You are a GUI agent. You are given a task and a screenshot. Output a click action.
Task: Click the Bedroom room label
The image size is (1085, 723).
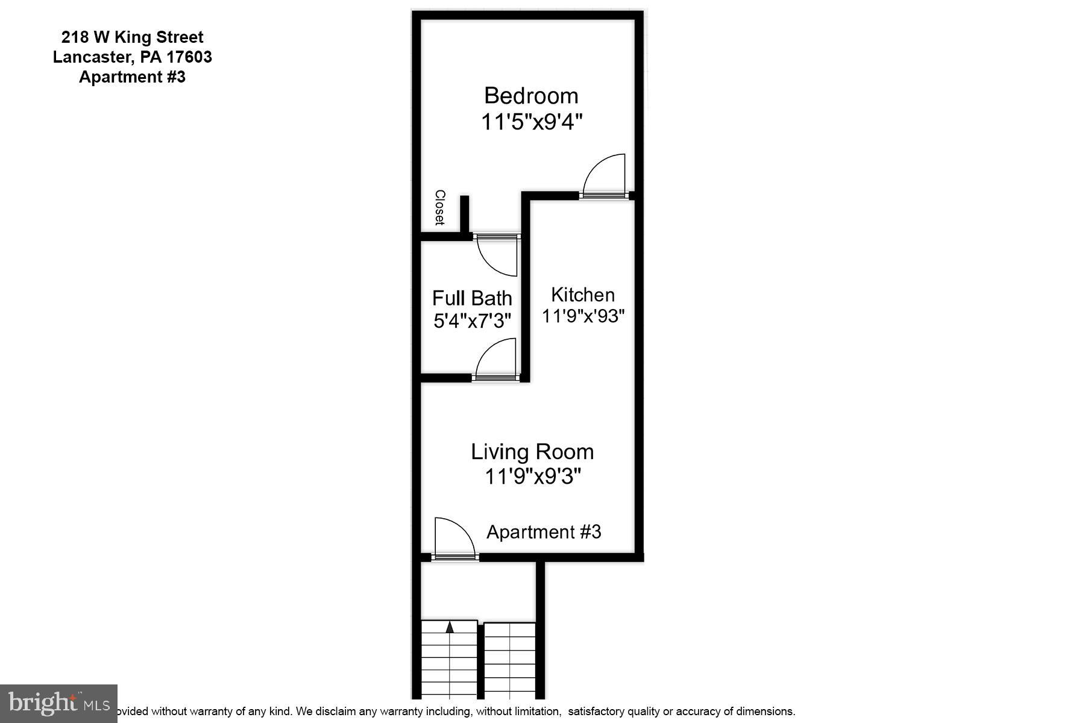pyautogui.click(x=531, y=96)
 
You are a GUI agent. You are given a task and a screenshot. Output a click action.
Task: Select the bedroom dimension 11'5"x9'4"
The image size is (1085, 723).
pyautogui.click(x=531, y=122)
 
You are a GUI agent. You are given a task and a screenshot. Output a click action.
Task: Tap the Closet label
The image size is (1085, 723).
pyautogui.click(x=440, y=208)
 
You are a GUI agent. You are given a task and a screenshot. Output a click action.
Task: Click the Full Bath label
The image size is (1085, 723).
pyautogui.click(x=472, y=298)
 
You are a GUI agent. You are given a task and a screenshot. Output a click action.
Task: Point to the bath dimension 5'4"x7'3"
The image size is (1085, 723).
pyautogui.click(x=472, y=320)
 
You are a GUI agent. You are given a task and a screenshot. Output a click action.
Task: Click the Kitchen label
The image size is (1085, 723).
pyautogui.click(x=583, y=295)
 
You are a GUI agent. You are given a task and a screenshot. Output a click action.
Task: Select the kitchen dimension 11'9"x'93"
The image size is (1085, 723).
pyautogui.click(x=583, y=316)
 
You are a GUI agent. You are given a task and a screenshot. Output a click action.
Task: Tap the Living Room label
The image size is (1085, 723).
pyautogui.click(x=532, y=451)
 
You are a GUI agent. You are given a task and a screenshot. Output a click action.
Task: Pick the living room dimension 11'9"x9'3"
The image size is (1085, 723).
pyautogui.click(x=532, y=477)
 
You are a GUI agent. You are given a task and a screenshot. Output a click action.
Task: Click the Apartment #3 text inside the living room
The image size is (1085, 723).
pyautogui.click(x=544, y=532)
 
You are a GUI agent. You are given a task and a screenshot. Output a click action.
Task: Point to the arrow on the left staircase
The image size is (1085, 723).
pyautogui.click(x=450, y=627)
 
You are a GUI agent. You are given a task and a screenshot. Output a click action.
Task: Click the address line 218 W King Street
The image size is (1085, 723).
pyautogui.click(x=133, y=37)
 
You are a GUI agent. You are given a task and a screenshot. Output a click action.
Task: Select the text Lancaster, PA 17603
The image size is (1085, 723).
pyautogui.click(x=133, y=57)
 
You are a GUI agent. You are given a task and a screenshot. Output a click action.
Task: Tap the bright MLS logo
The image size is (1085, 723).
pyautogui.click(x=58, y=703)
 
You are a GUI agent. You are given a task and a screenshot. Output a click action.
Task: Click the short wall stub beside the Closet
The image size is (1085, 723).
pyautogui.click(x=464, y=214)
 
